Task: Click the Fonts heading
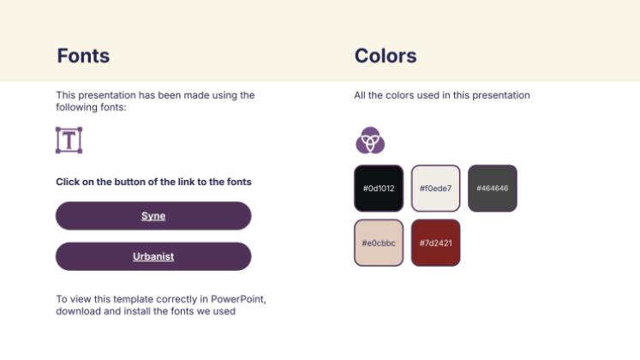click(83, 56)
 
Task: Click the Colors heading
click(386, 56)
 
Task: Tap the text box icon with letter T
click(69, 140)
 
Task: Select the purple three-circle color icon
click(370, 140)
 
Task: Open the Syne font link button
click(153, 215)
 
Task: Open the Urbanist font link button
click(153, 256)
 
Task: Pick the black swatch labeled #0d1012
click(379, 189)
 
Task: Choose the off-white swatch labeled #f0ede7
click(435, 189)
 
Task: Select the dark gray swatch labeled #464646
click(493, 189)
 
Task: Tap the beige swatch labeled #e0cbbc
click(379, 243)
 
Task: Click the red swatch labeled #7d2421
click(435, 243)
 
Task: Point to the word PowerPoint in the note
click(238, 299)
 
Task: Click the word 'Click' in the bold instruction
click(68, 182)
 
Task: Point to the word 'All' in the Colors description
click(360, 95)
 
